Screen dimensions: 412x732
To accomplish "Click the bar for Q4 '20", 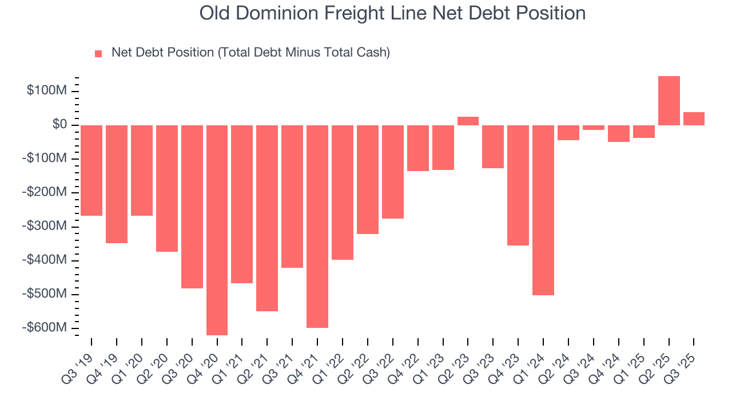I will click(x=217, y=230).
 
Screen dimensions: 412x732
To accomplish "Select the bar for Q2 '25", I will click(x=669, y=101).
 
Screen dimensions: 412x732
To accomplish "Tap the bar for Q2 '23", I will click(x=468, y=121).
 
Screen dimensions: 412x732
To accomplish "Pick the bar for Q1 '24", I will click(x=543, y=210).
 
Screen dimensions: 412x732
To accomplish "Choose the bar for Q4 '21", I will click(x=317, y=226).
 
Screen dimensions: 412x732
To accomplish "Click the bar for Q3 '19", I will click(x=91, y=171).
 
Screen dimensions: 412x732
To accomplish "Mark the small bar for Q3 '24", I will click(x=593, y=128).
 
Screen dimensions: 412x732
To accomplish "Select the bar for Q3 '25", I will click(x=694, y=118).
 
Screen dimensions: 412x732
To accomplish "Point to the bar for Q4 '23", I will click(x=518, y=185).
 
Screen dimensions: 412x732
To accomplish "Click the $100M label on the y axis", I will click(x=47, y=91).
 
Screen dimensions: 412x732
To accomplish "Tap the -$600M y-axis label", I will click(x=45, y=328).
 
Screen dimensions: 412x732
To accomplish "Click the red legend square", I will click(x=98, y=53).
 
